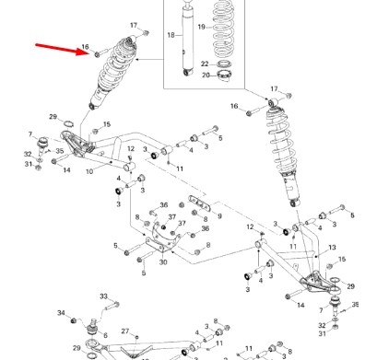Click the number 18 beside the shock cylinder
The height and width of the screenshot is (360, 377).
pos(171,35)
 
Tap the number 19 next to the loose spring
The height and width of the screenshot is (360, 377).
pos(201,27)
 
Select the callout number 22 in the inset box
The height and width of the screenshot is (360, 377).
pos(205,64)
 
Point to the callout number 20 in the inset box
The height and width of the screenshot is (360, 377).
pos(206,75)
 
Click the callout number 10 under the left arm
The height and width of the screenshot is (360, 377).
pos(89,171)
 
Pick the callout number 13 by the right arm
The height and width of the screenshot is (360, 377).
pos(332,248)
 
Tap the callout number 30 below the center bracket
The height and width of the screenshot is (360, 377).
pos(163,262)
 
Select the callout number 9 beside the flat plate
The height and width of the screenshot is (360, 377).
pos(219,216)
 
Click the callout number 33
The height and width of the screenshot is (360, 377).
pos(104,296)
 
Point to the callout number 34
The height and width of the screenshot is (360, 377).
pos(61,313)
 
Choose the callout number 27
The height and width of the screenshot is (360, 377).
pos(125,331)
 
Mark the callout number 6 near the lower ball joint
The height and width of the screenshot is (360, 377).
pos(105,335)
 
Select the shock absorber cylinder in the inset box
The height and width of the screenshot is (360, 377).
pos(188,40)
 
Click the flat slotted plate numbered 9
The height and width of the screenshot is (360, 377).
pos(200,203)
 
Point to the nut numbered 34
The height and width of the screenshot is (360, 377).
pos(74,320)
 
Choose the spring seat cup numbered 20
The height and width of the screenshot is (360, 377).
pos(224,76)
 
